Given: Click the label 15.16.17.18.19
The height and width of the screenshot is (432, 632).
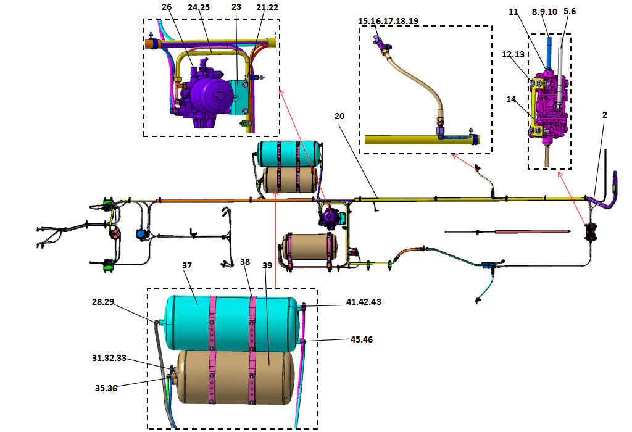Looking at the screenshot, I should coord(388,20).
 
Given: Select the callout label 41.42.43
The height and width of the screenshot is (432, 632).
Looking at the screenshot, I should coord(364,303).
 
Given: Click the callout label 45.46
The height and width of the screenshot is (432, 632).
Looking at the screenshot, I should coord(361,339).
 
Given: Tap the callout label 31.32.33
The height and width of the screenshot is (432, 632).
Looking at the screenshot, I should coord(110,358).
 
